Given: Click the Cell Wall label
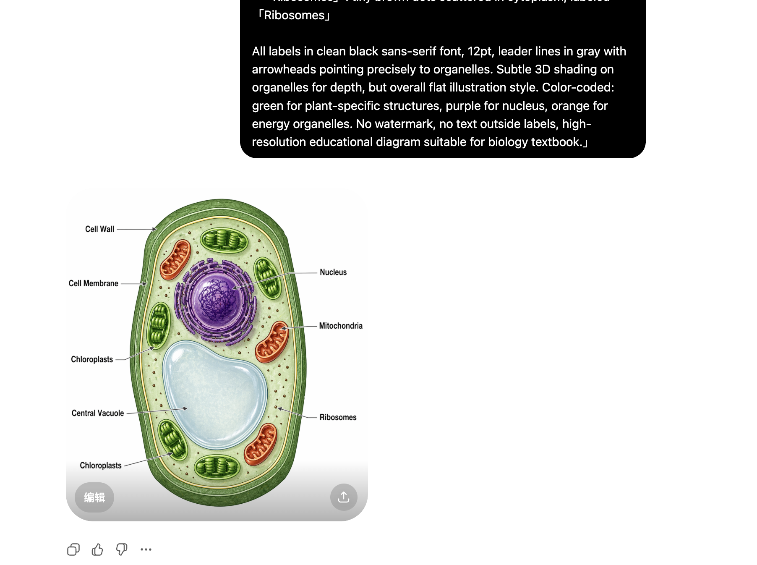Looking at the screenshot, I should pyautogui.click(x=99, y=229).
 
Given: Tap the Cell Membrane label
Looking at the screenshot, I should pyautogui.click(x=93, y=284).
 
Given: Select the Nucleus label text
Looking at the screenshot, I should pyautogui.click(x=333, y=272).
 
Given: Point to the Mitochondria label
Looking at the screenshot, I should pyautogui.click(x=340, y=326).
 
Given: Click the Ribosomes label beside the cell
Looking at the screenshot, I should pyautogui.click(x=338, y=418).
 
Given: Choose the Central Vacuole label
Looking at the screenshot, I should pyautogui.click(x=98, y=413).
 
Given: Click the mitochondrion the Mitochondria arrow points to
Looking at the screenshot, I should pyautogui.click(x=272, y=341).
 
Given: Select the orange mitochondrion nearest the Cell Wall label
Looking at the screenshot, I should pyautogui.click(x=175, y=259).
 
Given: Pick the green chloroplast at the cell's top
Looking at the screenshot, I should pyautogui.click(x=224, y=241).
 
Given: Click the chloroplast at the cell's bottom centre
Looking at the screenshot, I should pyautogui.click(x=217, y=467).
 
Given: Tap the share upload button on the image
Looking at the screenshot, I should pyautogui.click(x=344, y=497).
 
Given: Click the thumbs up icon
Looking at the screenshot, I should pyautogui.click(x=97, y=549).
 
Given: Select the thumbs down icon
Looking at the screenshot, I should pyautogui.click(x=122, y=549).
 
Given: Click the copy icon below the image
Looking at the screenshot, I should pyautogui.click(x=73, y=549).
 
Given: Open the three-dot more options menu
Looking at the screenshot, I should pyautogui.click(x=146, y=549).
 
